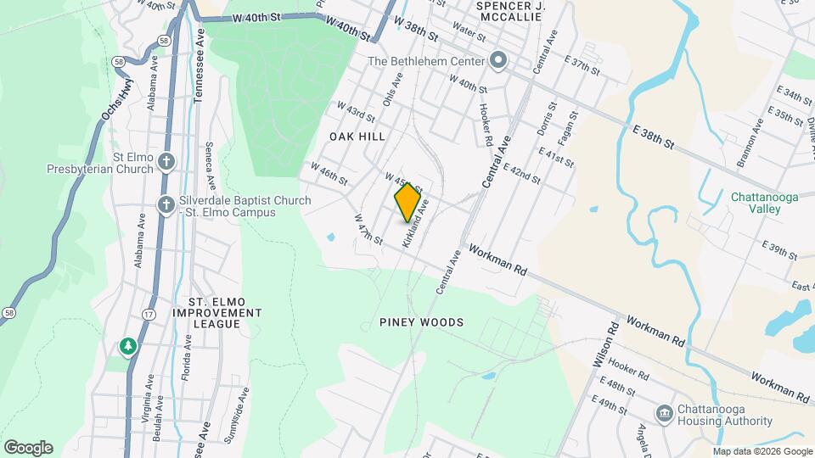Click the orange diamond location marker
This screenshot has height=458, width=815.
pyautogui.click(x=408, y=202)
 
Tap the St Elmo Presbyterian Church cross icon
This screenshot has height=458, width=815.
pyautogui.click(x=167, y=160)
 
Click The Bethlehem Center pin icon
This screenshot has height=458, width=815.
pyautogui.click(x=498, y=60)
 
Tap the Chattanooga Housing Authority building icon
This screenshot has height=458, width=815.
pyautogui.click(x=665, y=413)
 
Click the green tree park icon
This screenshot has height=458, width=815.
pyautogui.click(x=128, y=345)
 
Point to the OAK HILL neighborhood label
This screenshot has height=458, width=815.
pyautogui.click(x=357, y=136)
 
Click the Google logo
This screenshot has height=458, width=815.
pyautogui.click(x=27, y=448)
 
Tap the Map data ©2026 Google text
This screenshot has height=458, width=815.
pyautogui.click(x=762, y=451)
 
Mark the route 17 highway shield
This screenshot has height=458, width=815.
pyautogui.click(x=149, y=315)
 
